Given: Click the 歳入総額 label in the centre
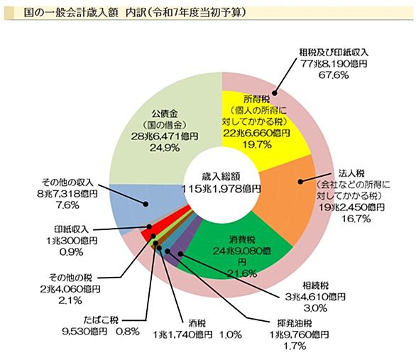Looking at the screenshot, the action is click(x=221, y=176).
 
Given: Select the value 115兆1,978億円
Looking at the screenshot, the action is click(x=221, y=189).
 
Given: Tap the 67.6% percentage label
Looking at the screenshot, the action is click(x=334, y=75).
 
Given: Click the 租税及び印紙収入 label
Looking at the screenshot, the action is click(x=334, y=53).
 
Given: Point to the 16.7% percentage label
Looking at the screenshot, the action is click(x=356, y=219).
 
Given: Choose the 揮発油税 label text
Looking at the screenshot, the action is click(x=295, y=324).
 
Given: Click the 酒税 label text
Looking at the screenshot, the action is click(x=197, y=324).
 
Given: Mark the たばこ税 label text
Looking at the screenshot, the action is click(x=101, y=320).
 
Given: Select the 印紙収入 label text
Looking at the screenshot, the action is click(x=72, y=229).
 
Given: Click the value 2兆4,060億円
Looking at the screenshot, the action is click(x=70, y=289).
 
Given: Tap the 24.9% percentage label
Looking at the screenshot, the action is click(x=165, y=148).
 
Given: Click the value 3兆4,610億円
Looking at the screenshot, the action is click(x=315, y=297).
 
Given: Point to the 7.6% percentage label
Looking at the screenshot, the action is click(x=67, y=205).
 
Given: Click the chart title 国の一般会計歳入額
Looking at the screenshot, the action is click(x=71, y=12).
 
